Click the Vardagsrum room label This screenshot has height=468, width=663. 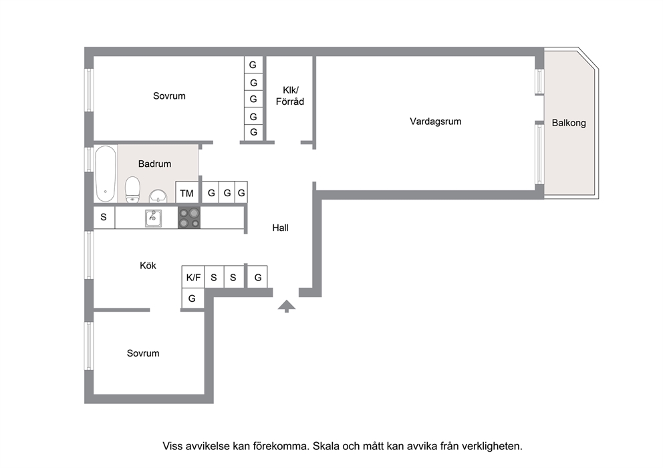point(436,122)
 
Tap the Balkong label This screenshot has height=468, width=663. point(569,123)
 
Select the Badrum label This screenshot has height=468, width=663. point(155,164)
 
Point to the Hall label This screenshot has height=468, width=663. point(280,228)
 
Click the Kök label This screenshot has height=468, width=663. point(148,265)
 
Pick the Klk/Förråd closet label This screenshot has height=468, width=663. point(290,96)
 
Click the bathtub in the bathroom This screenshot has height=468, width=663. point(106,174)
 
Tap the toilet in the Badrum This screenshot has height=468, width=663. point(133,190)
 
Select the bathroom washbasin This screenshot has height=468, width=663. point(158,196)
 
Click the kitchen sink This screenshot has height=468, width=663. point(153,218)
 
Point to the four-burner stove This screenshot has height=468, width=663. point(189,218)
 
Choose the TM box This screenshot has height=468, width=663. point(187,192)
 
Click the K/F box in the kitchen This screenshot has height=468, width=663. point(193,277)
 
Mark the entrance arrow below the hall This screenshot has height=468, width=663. point(287,306)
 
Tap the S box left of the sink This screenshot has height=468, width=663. point(104,218)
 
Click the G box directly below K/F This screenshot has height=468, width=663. point(192,298)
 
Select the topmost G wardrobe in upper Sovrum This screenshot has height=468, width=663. point(253,65)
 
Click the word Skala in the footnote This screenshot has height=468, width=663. point(325,446)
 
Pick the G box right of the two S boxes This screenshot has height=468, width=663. point(257,277)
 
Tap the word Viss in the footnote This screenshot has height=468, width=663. point(172,446)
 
